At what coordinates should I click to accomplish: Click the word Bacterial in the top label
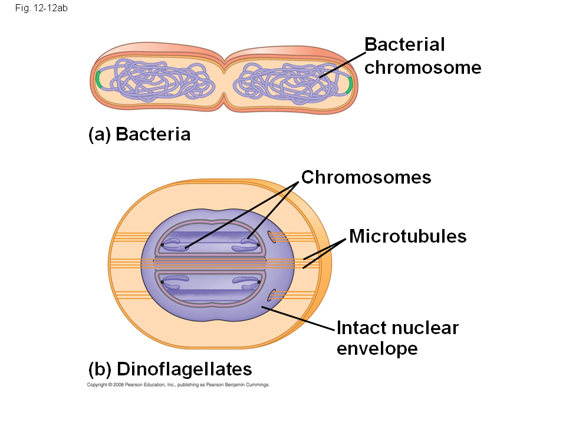[404, 44]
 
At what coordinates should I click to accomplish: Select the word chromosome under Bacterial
[423, 67]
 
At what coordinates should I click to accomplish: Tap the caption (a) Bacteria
[139, 135]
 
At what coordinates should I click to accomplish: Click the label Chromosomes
[366, 177]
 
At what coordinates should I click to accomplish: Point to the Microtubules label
[407, 236]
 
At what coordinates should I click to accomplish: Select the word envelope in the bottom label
[377, 348]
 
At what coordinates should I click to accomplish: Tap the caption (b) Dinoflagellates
[170, 370]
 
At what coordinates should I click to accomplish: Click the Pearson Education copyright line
[178, 385]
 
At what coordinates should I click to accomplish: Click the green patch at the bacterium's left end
[98, 79]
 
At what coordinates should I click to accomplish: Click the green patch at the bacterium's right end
[350, 84]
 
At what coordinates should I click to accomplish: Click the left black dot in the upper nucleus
[162, 244]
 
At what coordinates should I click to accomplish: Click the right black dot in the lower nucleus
[259, 282]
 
